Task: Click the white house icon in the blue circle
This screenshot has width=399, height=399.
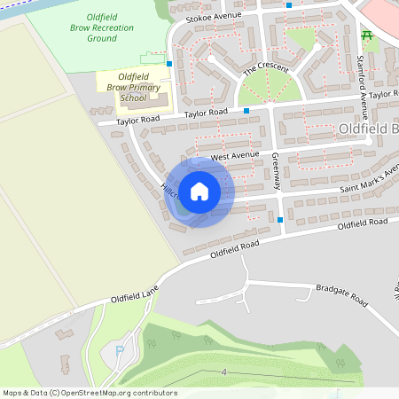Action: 199,192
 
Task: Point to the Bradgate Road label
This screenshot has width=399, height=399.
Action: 341,295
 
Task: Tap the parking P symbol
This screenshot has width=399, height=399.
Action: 120,352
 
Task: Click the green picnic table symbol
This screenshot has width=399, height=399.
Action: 366,35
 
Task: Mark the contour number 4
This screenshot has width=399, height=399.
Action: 225,372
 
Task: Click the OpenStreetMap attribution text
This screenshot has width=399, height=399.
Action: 89,393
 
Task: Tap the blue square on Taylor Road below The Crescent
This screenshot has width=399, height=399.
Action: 246,110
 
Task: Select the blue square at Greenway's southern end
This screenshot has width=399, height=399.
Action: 280,219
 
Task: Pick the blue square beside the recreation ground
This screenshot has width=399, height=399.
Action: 168,63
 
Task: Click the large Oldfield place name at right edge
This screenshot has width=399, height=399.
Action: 368,129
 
